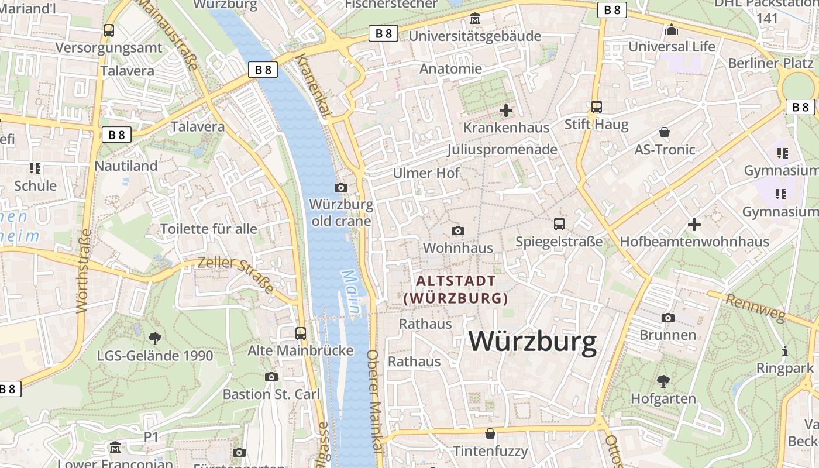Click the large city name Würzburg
coord(533,342)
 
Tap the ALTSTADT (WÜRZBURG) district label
coord(456,290)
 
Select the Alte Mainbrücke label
coord(301,350)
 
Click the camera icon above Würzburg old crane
coord(340,187)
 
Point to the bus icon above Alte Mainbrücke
coord(301,333)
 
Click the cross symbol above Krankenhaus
coord(506,110)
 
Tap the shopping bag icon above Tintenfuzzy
coord(490,433)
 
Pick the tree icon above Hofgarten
coord(663,381)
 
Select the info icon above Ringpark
coord(785,351)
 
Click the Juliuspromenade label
coord(502,150)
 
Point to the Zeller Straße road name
coord(236,274)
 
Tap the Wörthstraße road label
coord(84,270)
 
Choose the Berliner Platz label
coord(771,63)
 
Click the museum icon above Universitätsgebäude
coord(475,19)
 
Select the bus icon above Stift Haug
coord(597,107)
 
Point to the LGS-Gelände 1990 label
coord(155,356)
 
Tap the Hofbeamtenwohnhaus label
coord(694,242)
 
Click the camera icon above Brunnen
coord(668,318)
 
